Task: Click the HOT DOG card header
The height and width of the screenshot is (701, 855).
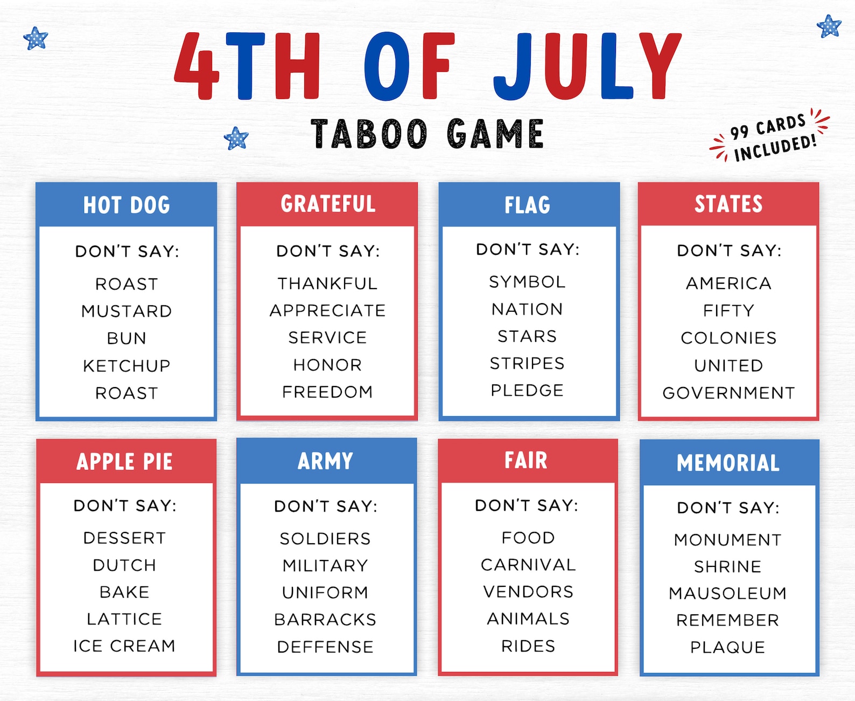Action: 127,205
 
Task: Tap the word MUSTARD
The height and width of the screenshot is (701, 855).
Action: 127,311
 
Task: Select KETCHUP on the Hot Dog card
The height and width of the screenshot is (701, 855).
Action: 127,366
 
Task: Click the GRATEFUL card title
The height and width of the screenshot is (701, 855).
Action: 328,204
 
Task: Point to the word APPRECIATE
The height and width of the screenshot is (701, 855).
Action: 327,310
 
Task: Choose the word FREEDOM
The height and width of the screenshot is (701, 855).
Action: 327,391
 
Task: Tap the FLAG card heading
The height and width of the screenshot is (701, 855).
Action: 528,205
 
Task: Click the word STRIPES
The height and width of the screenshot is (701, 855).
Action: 527,363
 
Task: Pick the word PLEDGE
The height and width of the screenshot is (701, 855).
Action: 527,390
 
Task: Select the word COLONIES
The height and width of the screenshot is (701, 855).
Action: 728,338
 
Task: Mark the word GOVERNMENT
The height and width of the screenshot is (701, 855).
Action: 728,392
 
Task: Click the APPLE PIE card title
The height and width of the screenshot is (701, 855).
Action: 124,462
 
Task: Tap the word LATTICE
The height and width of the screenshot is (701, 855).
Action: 124,619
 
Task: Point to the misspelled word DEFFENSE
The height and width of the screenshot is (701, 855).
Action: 325,647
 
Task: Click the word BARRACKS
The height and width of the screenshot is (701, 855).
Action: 325,619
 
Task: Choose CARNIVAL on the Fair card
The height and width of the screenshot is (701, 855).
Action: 528,564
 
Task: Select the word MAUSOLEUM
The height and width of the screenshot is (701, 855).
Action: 727,593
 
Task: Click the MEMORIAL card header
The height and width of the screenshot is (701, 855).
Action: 728,463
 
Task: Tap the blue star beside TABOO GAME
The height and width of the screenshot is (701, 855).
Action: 236,138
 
